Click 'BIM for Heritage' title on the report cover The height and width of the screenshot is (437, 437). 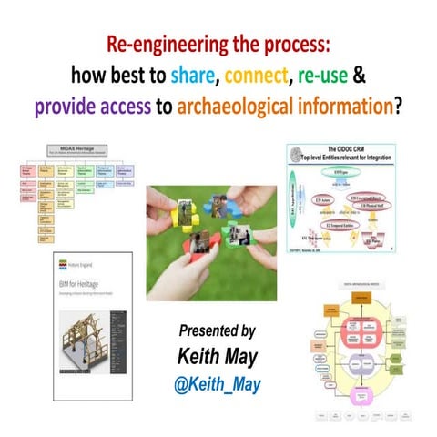click(85, 287)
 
